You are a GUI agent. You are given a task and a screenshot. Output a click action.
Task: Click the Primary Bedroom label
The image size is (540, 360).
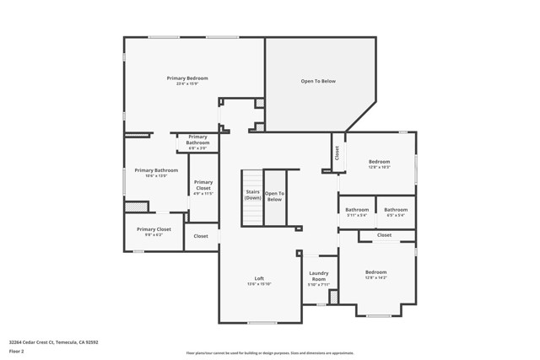pos(186,78)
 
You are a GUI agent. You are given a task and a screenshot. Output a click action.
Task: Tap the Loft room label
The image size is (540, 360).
pos(259,278)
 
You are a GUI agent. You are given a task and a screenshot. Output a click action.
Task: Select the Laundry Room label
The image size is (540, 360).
pos(318,276)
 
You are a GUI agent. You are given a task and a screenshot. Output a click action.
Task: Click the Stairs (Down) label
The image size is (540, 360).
pos(252,195)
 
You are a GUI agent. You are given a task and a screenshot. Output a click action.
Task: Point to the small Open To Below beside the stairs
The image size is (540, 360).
pos(274,196)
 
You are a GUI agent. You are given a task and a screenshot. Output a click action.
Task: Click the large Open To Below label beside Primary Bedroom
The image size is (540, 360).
pos(318,81)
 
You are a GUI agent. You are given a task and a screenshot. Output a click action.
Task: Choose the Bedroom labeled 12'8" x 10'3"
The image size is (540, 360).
pos(379,161)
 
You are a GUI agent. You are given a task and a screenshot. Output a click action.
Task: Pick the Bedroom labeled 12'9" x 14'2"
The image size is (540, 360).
pos(375,272)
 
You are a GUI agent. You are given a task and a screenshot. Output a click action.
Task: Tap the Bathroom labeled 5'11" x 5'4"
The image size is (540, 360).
pos(357,209)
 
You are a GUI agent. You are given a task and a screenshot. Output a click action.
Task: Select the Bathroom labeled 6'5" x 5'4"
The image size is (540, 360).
pos(396,209)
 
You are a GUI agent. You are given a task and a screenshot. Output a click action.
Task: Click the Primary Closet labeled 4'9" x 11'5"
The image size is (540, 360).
pos(203,185)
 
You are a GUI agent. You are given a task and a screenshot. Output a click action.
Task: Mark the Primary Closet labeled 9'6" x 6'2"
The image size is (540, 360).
pos(154,229)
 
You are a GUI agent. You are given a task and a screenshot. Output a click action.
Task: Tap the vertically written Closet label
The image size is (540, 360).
pos(337,153)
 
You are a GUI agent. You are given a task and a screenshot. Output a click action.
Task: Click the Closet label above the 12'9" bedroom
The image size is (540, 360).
pos(384,235)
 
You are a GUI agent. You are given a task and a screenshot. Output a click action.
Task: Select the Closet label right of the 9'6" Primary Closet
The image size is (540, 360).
pos(201,236)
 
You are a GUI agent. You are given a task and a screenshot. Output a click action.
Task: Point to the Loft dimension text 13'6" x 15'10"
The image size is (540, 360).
pos(259,284)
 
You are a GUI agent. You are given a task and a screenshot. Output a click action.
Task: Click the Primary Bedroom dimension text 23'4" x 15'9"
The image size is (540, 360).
pos(186,84)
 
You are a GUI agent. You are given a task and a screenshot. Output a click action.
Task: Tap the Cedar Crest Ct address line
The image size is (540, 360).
pos(54,341)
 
